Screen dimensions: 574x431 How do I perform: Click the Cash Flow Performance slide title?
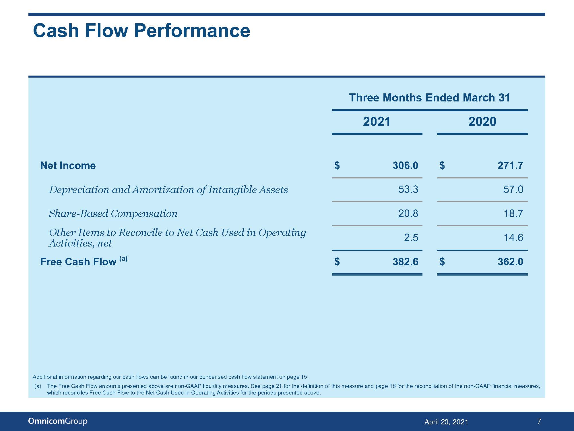point(141,30)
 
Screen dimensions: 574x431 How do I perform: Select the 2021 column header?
point(377,122)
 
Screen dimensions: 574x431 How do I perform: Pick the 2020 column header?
point(482,122)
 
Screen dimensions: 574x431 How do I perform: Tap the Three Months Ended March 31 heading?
point(429,98)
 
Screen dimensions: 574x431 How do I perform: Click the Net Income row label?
point(68,166)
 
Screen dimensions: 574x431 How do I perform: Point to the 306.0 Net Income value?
point(405,166)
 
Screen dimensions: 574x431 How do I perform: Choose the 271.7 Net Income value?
point(510,166)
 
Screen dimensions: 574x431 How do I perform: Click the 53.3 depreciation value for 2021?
point(408,189)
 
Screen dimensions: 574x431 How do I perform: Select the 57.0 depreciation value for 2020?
point(513,189)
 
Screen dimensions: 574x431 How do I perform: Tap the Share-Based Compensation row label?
point(113,213)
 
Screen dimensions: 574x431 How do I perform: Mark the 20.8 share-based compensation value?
point(408,213)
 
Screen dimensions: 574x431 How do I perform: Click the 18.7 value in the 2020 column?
point(513,213)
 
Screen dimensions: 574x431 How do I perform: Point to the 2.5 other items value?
point(411,238)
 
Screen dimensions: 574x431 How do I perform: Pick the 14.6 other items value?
point(513,238)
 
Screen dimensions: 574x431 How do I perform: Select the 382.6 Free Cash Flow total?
point(405,262)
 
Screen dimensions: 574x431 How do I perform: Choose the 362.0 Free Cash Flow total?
point(510,262)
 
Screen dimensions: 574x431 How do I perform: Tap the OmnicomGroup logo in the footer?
point(58,421)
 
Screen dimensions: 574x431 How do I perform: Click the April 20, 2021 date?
point(446,422)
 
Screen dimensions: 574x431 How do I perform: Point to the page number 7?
point(539,421)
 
